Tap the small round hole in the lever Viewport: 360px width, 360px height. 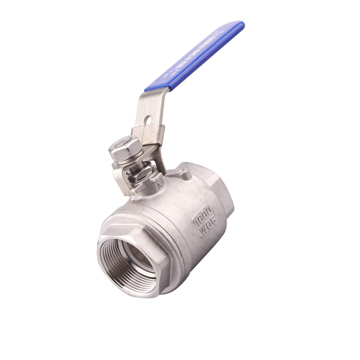click(x=148, y=120)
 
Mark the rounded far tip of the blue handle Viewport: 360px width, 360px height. click(x=239, y=26)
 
